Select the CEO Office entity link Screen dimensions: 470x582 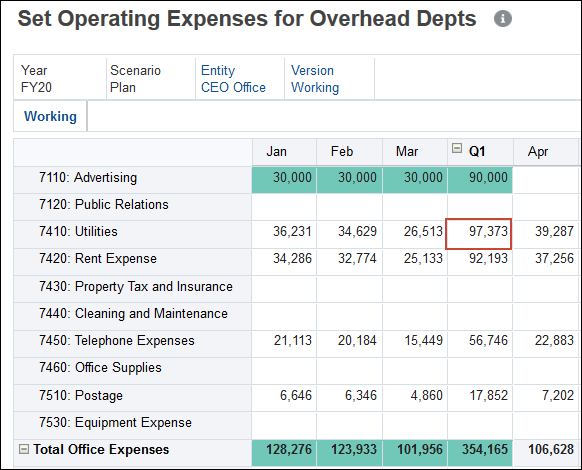(x=233, y=87)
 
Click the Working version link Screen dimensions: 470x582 (x=315, y=87)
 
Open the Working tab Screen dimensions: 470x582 (x=50, y=116)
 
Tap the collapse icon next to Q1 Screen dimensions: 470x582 (x=457, y=149)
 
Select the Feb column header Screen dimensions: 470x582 (x=342, y=151)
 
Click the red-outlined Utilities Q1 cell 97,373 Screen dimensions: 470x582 (x=479, y=232)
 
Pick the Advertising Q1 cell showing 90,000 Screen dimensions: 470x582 (x=479, y=178)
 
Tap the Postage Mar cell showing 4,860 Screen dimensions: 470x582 (x=413, y=395)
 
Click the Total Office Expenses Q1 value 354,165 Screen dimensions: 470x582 (x=479, y=450)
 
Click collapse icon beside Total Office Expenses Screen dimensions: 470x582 (x=24, y=450)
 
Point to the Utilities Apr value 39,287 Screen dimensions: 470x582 (x=546, y=232)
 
